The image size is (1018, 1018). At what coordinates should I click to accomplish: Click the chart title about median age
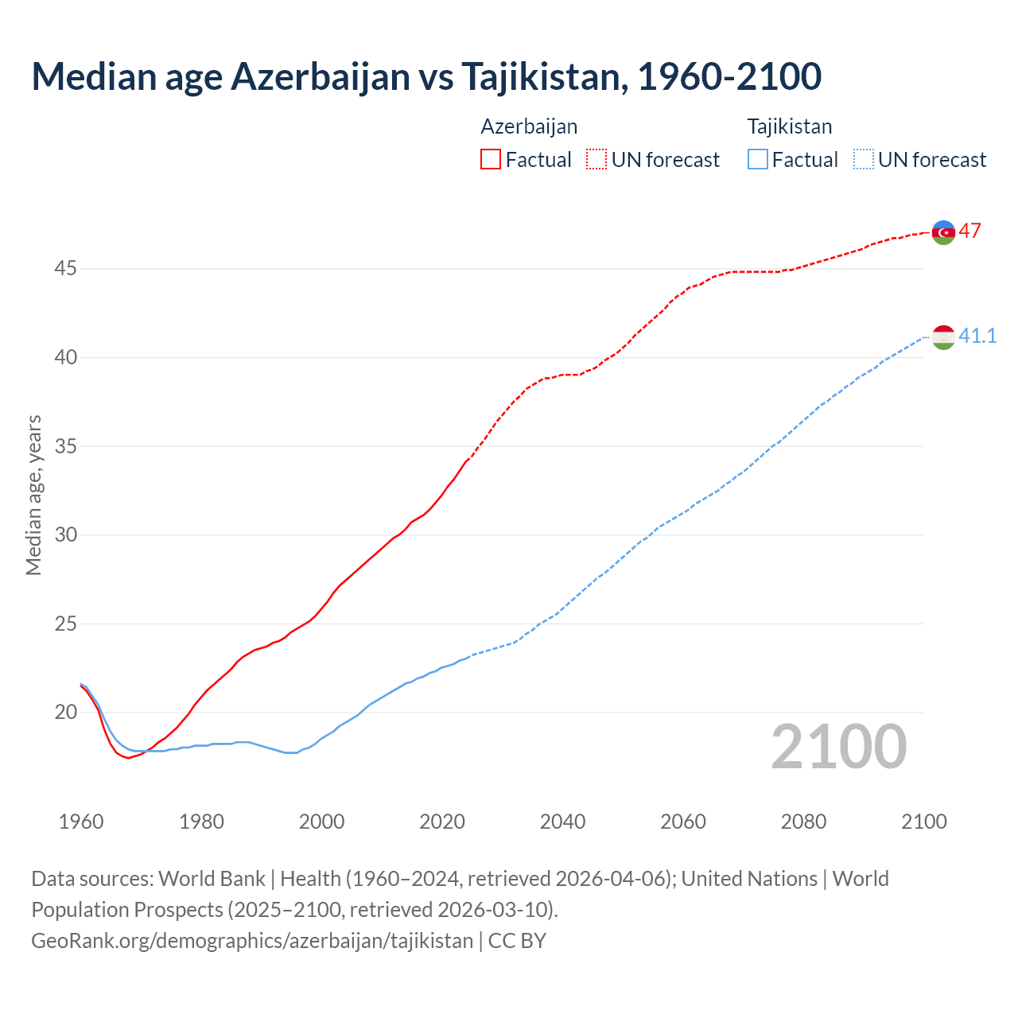[x=426, y=76]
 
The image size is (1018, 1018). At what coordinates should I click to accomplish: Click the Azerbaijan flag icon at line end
[x=943, y=232]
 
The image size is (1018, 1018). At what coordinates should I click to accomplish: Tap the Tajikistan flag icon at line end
[x=943, y=337]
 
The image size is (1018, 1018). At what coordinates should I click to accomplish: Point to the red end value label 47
[x=969, y=231]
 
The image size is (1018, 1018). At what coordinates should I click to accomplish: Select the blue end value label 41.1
[x=977, y=336]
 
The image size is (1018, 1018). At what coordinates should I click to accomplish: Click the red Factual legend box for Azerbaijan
[x=491, y=160]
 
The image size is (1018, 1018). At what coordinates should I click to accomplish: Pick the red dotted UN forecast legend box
[x=596, y=160]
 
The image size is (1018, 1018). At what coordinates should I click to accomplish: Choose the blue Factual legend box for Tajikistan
[x=758, y=160]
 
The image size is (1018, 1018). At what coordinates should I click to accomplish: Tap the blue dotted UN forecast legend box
[x=864, y=160]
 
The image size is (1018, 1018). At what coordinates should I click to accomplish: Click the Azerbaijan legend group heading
[x=529, y=126]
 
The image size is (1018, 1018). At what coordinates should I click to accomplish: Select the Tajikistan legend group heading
[x=789, y=126]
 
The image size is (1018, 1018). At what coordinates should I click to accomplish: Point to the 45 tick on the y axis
[x=65, y=269]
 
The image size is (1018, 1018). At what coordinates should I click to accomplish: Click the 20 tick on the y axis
[x=65, y=712]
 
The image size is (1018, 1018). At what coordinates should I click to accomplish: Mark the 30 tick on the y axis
[x=65, y=534]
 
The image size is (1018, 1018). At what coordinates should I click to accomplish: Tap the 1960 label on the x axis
[x=81, y=822]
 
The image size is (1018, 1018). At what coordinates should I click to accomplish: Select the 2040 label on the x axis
[x=562, y=822]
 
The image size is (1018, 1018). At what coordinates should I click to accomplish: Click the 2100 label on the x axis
[x=923, y=822]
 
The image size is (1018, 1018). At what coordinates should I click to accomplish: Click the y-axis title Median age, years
[x=33, y=495]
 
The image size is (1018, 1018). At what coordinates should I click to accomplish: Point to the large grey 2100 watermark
[x=838, y=747]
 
